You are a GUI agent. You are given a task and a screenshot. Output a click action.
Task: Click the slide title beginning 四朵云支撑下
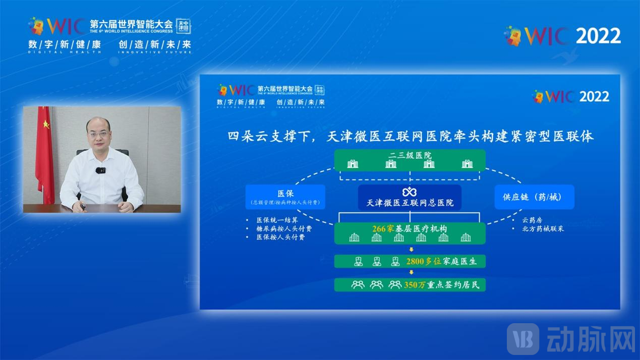pyautogui.click(x=410, y=136)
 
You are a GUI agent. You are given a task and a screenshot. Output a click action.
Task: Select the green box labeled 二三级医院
pyautogui.click(x=410, y=159)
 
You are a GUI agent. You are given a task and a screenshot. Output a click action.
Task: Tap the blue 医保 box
pyautogui.click(x=285, y=197)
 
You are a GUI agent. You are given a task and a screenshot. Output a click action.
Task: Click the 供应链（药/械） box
pyautogui.click(x=535, y=197)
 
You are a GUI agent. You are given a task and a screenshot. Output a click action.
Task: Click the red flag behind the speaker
pyautogui.click(x=44, y=151)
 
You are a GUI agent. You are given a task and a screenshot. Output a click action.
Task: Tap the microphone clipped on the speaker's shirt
pyautogui.click(x=101, y=170)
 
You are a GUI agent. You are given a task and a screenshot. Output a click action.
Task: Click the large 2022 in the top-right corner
pyautogui.click(x=598, y=36)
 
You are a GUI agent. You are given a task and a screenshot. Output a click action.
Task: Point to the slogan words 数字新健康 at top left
pyautogui.click(x=65, y=44)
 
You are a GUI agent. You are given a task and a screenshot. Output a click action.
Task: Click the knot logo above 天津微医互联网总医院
pyautogui.click(x=409, y=192)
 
